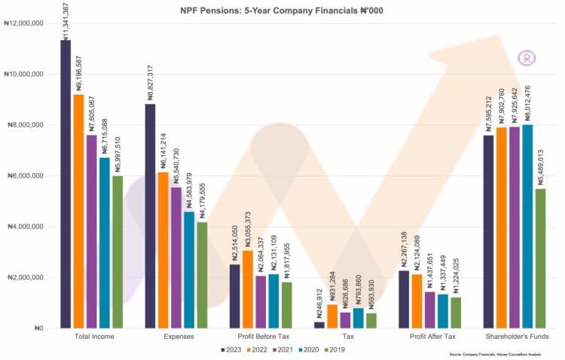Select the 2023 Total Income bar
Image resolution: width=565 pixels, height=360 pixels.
click(x=66, y=184)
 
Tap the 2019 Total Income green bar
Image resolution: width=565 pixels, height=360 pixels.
click(x=117, y=252)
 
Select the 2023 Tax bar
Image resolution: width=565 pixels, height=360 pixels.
click(x=319, y=325)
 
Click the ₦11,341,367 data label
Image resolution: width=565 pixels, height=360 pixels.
click(x=66, y=21)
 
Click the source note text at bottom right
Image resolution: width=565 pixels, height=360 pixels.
click(x=495, y=354)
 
